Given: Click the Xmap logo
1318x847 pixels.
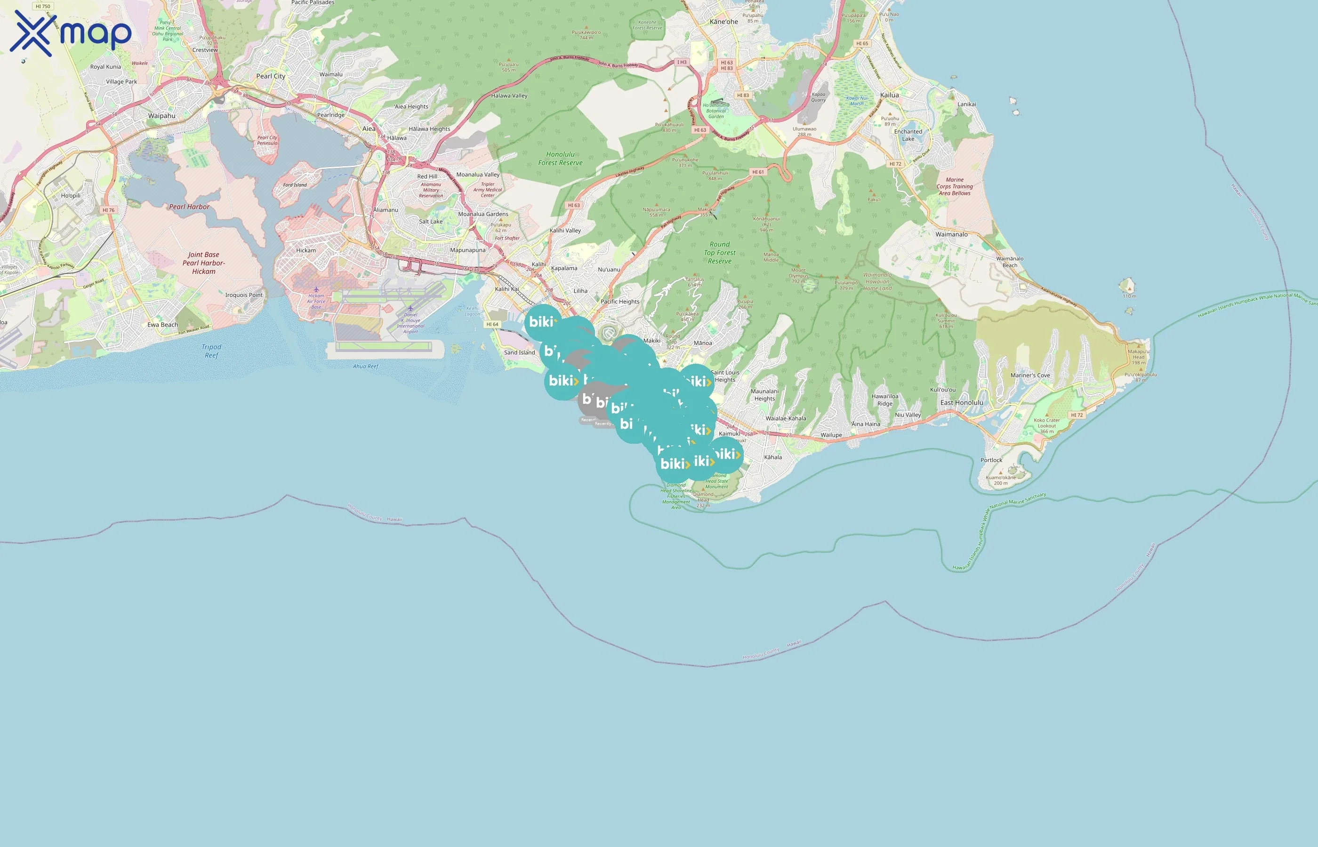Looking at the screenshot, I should point(71,33).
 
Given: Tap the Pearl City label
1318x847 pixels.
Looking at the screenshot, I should point(271,76).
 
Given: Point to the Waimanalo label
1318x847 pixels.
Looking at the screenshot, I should point(951,234).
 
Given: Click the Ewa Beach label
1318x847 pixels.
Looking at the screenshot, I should point(162,325).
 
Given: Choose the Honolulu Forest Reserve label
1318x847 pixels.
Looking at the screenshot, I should point(560,159).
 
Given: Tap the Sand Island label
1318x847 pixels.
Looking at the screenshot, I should point(519,352).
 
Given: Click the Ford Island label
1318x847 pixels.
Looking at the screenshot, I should point(295,185).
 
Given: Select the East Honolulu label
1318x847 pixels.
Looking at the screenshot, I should point(961,403).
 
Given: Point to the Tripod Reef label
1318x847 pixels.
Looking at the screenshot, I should point(211,351).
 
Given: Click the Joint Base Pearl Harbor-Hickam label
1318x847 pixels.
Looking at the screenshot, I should point(203,263).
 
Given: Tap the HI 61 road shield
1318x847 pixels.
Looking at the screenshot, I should point(758,172).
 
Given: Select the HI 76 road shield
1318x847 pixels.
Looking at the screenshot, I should point(108,210).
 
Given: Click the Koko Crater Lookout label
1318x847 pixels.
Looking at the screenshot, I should point(1046,426).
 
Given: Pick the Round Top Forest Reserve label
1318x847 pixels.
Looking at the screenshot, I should point(720,252).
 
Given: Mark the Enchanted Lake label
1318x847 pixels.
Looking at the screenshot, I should point(908,135).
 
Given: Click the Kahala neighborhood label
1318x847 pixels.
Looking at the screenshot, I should point(772,457).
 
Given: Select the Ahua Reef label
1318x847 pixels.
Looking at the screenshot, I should point(365,366).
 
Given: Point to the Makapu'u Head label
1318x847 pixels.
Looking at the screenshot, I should point(1138,357).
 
